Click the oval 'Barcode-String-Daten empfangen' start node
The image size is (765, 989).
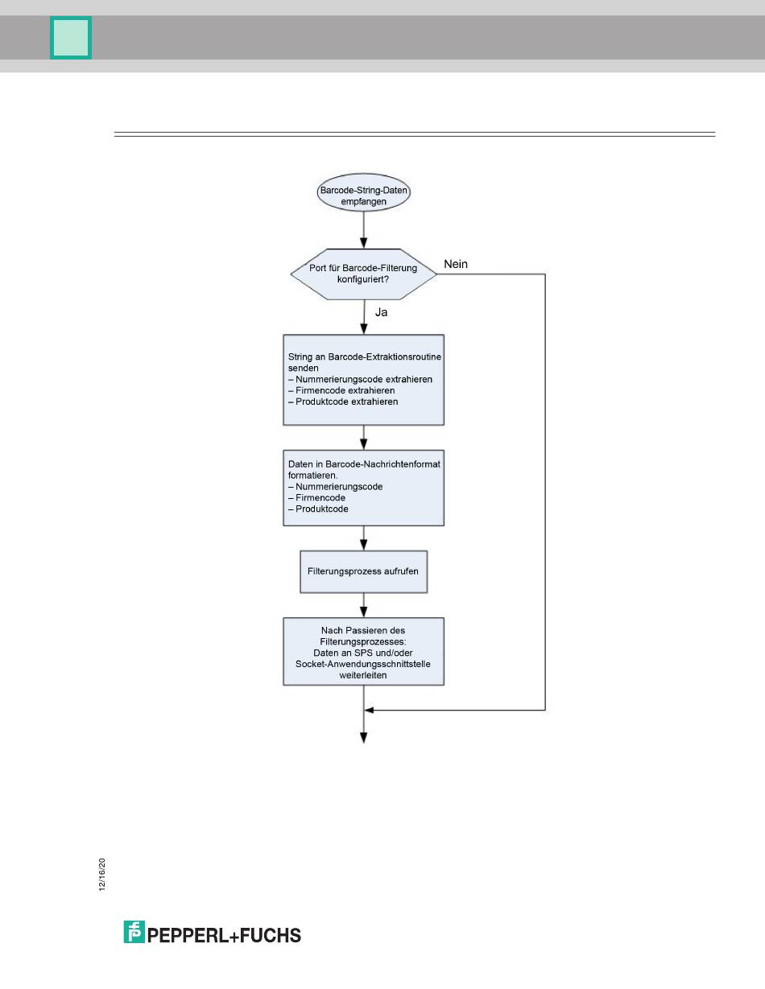click(363, 192)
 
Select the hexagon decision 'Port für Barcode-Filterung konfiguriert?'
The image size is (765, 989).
click(363, 274)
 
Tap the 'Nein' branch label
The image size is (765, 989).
click(455, 264)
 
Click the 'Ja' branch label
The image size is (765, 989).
click(381, 312)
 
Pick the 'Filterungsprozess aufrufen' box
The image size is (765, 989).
click(363, 571)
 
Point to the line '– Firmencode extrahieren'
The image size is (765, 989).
click(341, 390)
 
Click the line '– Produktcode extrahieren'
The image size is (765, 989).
click(343, 402)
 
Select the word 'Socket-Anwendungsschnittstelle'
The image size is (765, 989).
click(363, 664)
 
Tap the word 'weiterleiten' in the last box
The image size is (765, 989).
click(363, 675)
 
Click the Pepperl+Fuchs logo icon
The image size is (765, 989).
click(134, 932)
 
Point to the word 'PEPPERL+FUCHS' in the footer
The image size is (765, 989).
click(224, 936)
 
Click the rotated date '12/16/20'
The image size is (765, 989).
click(102, 875)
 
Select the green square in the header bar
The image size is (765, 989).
click(71, 38)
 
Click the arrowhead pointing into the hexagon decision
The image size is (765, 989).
click(363, 242)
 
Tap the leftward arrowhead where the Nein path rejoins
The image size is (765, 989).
click(370, 710)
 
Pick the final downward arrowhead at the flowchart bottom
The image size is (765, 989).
click(363, 738)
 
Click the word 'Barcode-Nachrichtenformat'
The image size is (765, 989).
click(382, 464)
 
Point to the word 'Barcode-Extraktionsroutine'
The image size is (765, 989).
click(384, 356)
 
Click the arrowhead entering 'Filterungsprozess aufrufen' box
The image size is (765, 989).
click(363, 544)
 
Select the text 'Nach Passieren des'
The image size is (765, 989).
click(363, 630)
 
